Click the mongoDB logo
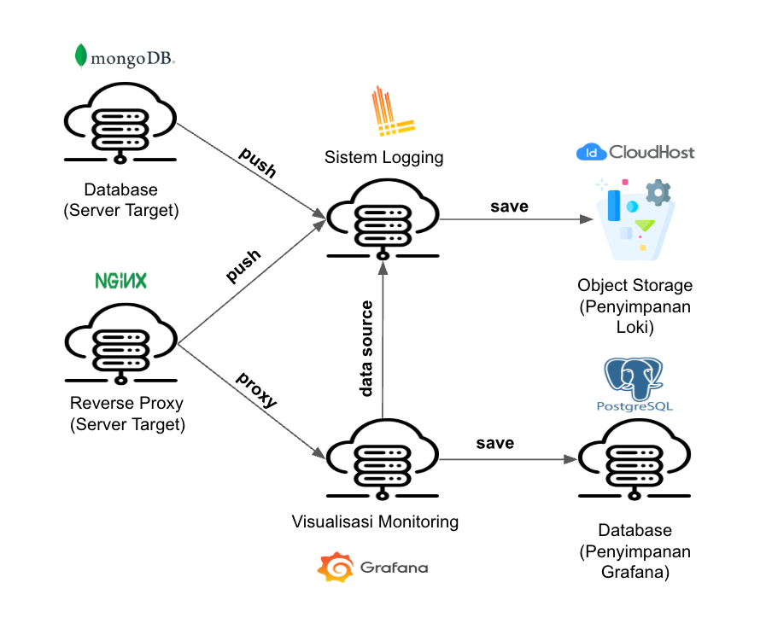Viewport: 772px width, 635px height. coord(125,57)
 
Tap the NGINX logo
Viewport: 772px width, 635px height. coord(120,280)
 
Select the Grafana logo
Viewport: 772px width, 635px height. coord(372,568)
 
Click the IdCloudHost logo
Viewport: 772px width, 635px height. coord(636,153)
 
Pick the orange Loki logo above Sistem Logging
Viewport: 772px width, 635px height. coord(392,113)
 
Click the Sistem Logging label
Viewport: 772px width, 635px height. coord(383,157)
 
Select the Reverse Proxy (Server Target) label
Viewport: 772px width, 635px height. coord(126,413)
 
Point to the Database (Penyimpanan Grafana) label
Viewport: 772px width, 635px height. coord(635,551)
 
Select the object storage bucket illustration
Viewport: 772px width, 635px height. coord(635,218)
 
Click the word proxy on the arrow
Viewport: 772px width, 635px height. coord(256,390)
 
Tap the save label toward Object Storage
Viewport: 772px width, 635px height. coord(509,206)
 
